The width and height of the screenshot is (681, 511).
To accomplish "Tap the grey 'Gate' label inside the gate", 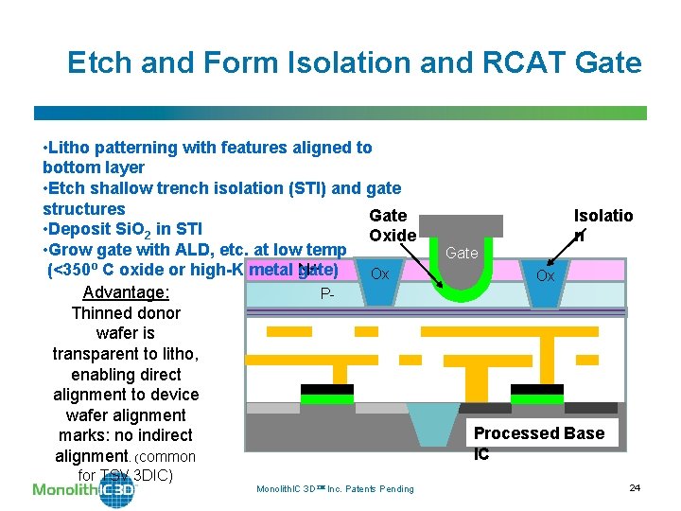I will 462,253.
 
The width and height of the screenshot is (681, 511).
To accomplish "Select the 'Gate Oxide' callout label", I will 391,225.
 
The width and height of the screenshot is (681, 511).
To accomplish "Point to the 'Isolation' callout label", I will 602,224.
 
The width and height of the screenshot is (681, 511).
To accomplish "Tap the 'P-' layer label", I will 327,294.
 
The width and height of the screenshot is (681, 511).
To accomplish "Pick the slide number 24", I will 635,487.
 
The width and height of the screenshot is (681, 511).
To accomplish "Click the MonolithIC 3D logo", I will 83,489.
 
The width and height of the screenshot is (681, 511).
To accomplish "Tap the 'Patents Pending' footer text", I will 382,488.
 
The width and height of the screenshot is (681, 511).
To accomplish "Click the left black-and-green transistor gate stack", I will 326,393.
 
